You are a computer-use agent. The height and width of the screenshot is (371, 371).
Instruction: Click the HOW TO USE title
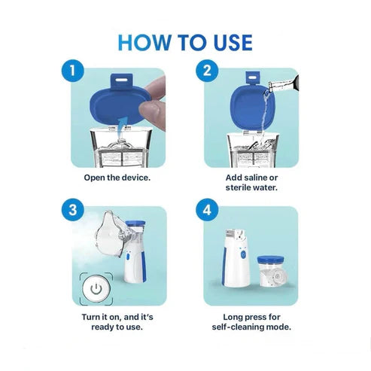185,41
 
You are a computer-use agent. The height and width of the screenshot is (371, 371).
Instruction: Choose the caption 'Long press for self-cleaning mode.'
253,322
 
